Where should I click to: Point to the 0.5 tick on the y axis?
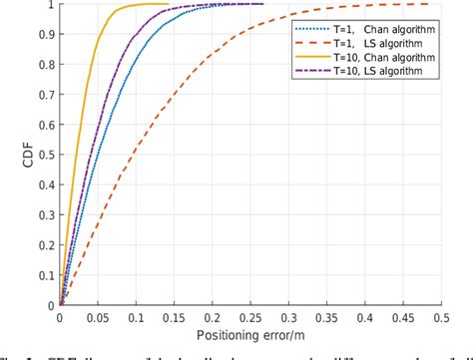point(46,154)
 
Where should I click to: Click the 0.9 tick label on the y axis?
point(46,34)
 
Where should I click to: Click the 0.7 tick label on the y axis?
point(46,94)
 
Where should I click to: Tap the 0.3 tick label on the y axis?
point(46,213)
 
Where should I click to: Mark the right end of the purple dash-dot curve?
point(263,4)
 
